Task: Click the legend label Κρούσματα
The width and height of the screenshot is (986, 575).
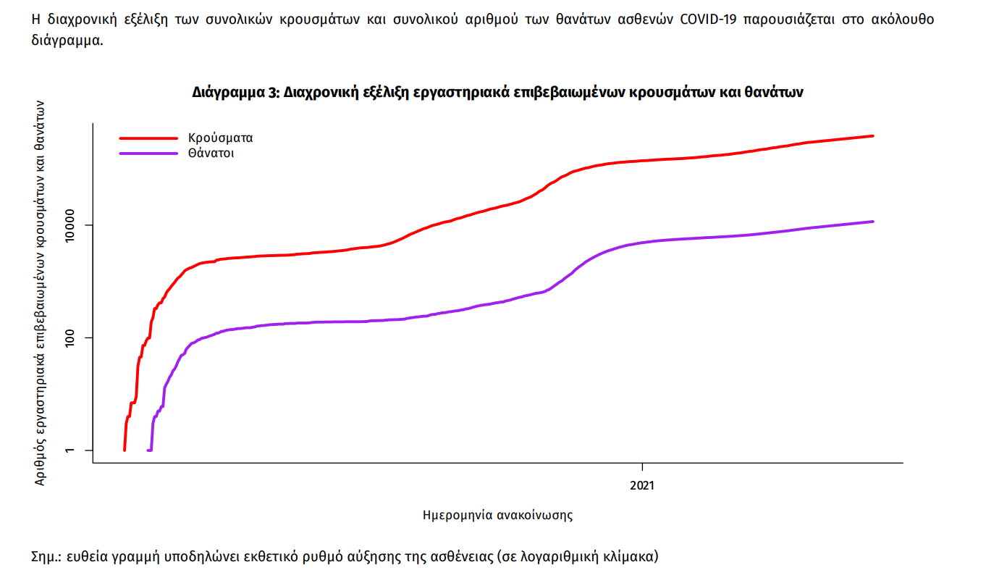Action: click(220, 138)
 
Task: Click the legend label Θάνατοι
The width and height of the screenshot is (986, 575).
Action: click(211, 154)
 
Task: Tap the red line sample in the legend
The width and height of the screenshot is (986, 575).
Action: click(148, 138)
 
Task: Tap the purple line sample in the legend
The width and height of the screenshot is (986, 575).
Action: click(148, 154)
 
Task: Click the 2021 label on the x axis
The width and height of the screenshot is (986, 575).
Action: click(642, 484)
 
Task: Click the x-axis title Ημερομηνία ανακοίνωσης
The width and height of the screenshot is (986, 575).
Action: click(497, 516)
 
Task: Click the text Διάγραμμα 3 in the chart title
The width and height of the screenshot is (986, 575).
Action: click(234, 93)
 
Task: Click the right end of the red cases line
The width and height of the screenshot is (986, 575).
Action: click(873, 136)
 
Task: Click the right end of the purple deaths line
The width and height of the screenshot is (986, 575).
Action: click(873, 222)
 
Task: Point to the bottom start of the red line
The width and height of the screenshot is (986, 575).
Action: click(125, 450)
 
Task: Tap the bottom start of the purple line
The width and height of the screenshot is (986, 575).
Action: click(148, 450)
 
